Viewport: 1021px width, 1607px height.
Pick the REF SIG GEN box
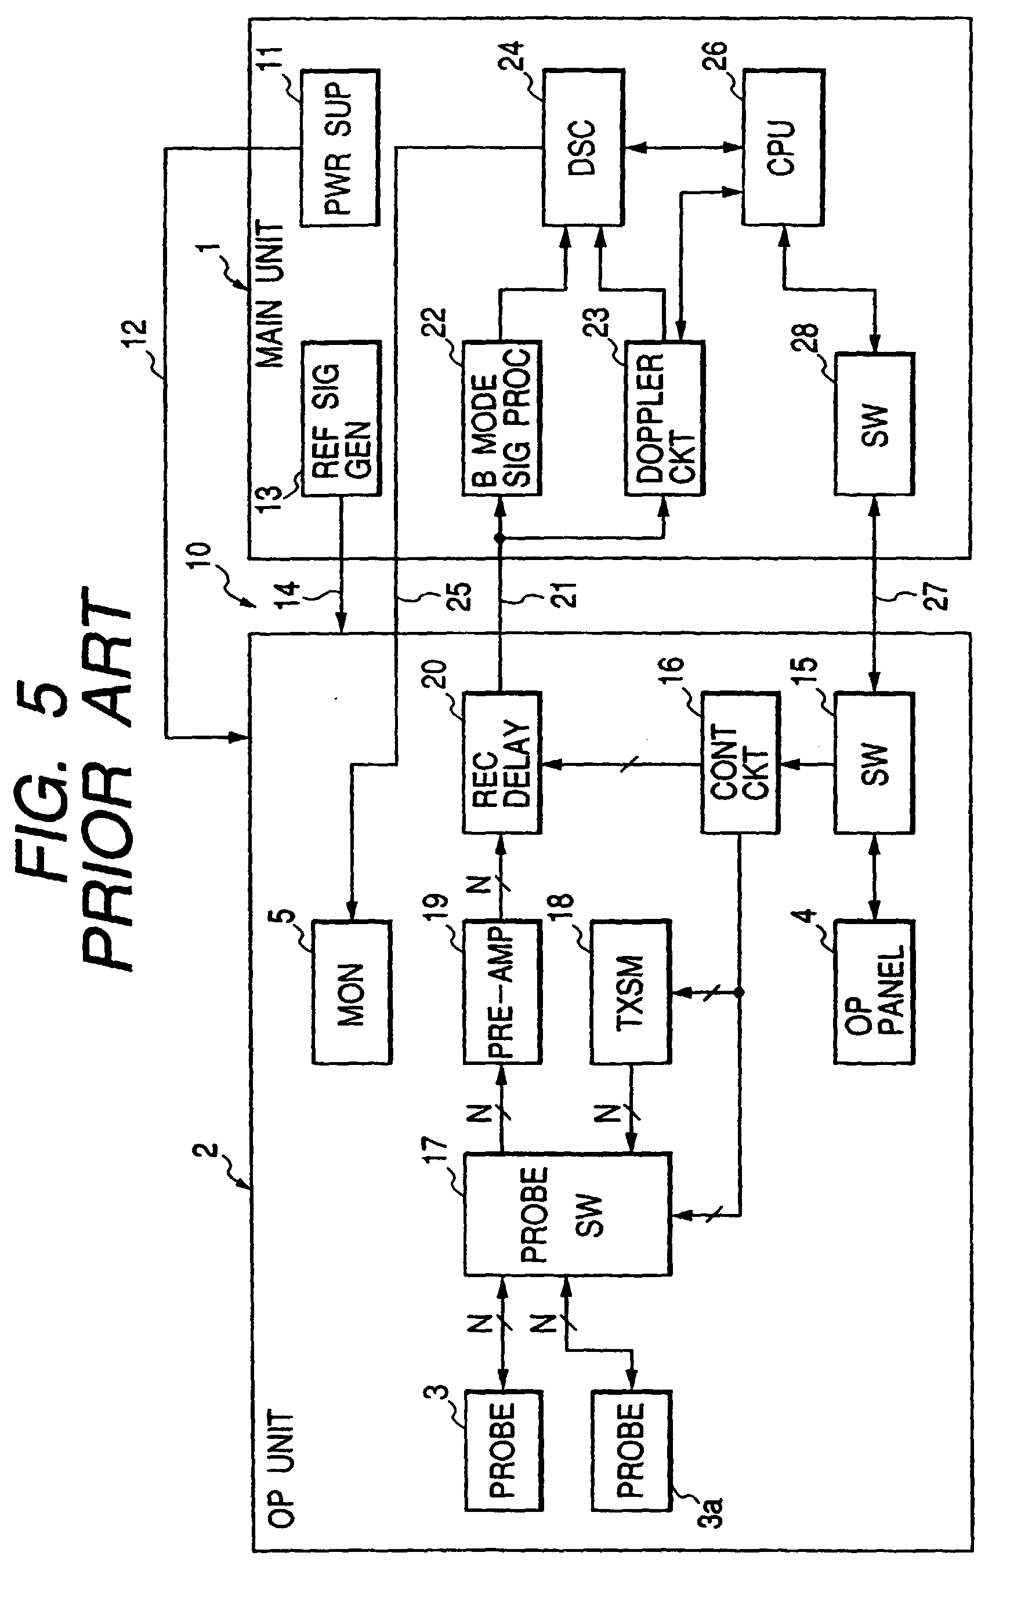click(x=341, y=419)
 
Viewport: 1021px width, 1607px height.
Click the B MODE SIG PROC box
click(x=501, y=419)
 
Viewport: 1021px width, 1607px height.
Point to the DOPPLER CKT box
click(x=664, y=419)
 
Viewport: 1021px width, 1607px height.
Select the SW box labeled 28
click(x=874, y=424)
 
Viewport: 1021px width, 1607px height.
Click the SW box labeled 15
click(x=874, y=762)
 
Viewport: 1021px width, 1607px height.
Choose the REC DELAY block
click(x=501, y=762)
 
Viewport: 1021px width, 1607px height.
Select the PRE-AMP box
click(x=501, y=992)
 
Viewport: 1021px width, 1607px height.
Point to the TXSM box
click(x=631, y=992)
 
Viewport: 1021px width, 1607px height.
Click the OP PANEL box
click(x=874, y=992)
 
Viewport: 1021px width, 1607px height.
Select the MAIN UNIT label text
click(x=271, y=295)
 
